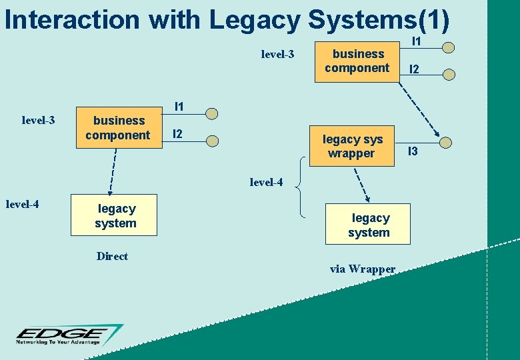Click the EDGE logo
(x=69, y=335)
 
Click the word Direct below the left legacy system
(x=112, y=256)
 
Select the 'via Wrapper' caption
(x=363, y=269)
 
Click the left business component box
(x=119, y=127)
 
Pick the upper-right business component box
(x=357, y=61)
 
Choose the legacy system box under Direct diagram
(x=115, y=216)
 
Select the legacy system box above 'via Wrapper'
(x=368, y=225)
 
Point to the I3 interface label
(x=413, y=152)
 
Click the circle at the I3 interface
(x=446, y=141)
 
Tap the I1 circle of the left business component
(x=211, y=113)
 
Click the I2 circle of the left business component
(x=211, y=141)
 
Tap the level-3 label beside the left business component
(x=38, y=121)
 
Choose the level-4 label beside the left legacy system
(x=22, y=204)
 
